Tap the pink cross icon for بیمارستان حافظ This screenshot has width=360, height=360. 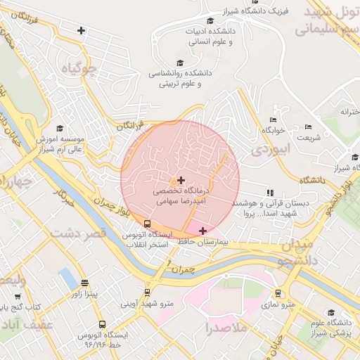[x=203, y=231]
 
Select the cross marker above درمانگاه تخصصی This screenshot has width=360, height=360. [x=181, y=181]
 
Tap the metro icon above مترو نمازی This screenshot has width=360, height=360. [x=279, y=293]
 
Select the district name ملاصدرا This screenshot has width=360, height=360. [x=227, y=328]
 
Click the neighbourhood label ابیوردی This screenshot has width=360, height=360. [x=269, y=150]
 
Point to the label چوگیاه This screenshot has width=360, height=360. [x=77, y=69]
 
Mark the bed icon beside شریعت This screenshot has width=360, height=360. [x=309, y=127]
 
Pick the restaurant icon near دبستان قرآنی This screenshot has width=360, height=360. [x=269, y=192]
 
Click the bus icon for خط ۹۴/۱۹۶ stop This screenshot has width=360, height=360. [x=103, y=325]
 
